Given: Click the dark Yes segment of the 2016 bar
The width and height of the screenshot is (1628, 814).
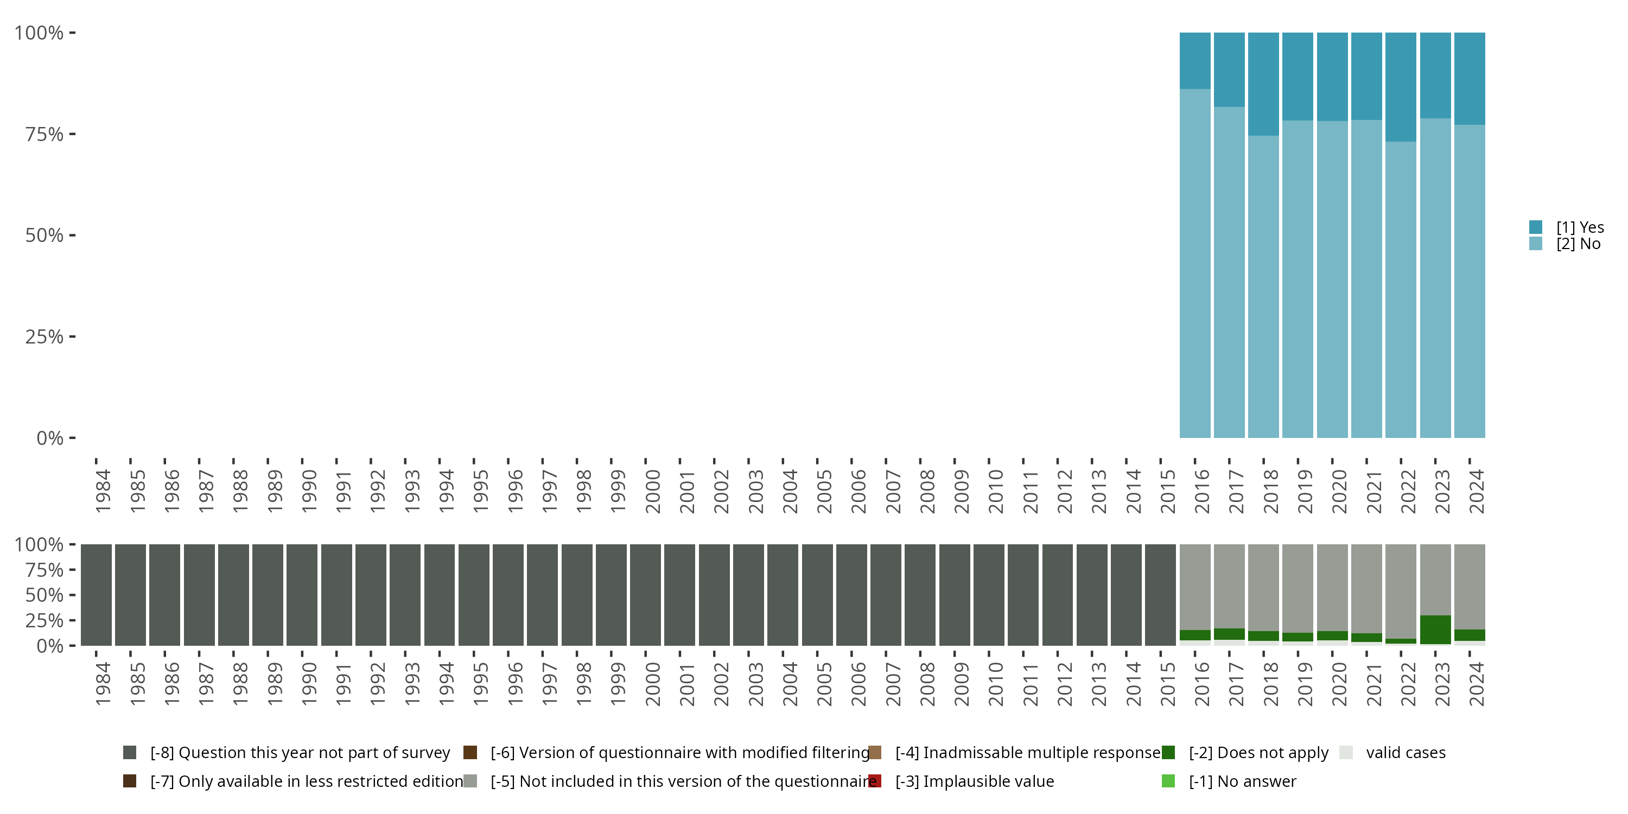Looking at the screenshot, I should pos(1195,60).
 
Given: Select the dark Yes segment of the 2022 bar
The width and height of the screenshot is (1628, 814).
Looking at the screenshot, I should pos(1401,87).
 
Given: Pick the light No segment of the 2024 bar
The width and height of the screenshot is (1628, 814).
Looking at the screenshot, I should pos(1470,281).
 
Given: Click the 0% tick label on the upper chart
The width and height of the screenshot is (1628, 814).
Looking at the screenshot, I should pos(50,438).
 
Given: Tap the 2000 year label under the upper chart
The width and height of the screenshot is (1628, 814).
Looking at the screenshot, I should pos(652,491).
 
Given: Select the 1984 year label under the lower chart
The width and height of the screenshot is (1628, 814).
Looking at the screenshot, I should pos(103,684).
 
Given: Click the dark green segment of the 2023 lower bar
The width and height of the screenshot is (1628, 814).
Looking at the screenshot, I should pos(1435,629).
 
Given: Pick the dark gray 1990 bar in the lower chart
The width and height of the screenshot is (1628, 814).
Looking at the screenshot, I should pos(302,595).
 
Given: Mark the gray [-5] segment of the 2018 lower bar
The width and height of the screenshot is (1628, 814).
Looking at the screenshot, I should pos(1263,587).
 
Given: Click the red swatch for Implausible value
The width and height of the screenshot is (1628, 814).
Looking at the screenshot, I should pos(875,781).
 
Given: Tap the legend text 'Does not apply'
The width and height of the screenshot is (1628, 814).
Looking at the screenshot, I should pos(1271,753).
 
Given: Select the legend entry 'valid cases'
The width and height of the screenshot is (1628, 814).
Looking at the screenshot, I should pos(1405,753).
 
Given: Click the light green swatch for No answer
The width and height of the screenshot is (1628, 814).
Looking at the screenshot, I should pos(1168,781).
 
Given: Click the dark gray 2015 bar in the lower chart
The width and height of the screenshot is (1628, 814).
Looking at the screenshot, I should pos(1160,595).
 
